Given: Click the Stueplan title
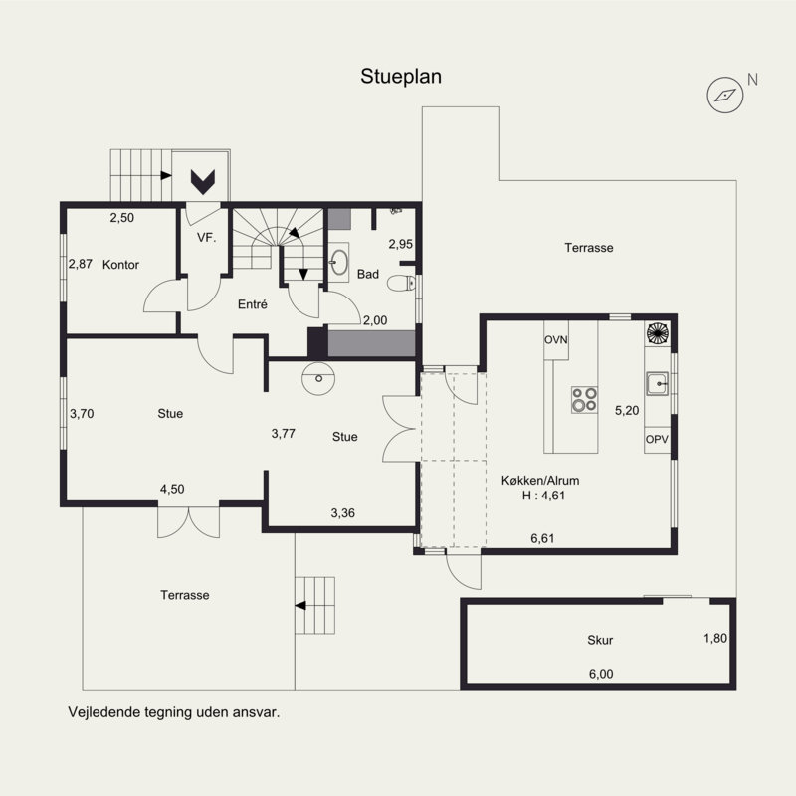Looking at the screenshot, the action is click(x=401, y=77).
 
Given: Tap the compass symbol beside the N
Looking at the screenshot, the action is click(x=725, y=95).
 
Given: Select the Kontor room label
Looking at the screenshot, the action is click(x=120, y=265).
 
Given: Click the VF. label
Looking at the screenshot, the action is click(x=206, y=237).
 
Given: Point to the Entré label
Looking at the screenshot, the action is click(x=253, y=304).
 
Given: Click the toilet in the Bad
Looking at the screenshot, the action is click(x=401, y=283).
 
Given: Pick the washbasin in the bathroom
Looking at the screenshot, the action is click(x=338, y=263).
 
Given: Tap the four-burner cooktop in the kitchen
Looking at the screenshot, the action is click(x=584, y=400).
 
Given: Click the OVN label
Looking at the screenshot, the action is click(x=556, y=339).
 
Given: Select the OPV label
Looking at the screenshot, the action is click(x=657, y=439).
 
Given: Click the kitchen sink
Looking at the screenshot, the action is click(x=658, y=384).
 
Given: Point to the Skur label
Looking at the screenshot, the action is click(x=600, y=640).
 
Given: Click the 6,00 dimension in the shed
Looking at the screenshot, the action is click(x=601, y=674).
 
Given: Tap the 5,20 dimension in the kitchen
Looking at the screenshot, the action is click(x=627, y=410).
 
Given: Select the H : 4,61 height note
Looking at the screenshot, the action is click(x=543, y=495).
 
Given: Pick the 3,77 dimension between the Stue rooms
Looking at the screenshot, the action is click(x=284, y=433).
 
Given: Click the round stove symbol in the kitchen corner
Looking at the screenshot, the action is click(x=658, y=333).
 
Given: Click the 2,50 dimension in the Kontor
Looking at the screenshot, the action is click(x=122, y=217).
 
